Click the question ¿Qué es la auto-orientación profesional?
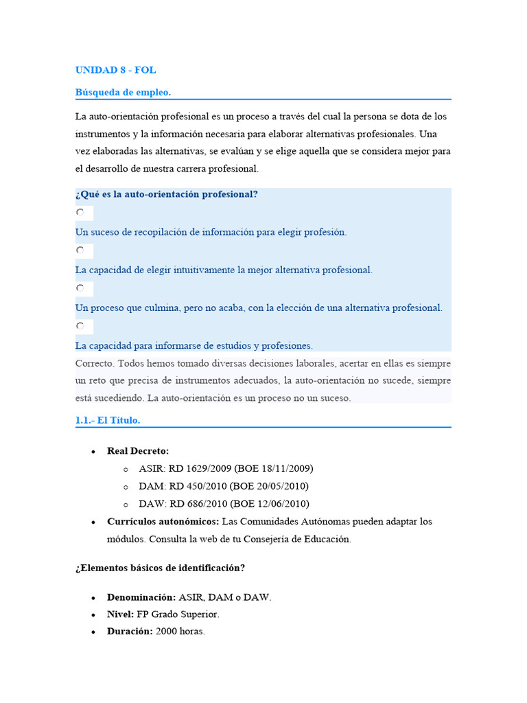click(166, 194)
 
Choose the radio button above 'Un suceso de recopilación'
click(80, 213)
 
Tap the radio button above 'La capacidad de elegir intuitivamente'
click(80, 251)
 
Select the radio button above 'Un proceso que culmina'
click(80, 288)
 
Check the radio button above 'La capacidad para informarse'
click(80, 326)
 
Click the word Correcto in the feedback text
click(94, 363)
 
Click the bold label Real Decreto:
click(137, 451)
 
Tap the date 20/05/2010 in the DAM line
click(280, 486)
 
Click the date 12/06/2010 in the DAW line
click(281, 504)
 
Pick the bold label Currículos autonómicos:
click(163, 522)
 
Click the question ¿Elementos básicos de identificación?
click(160, 568)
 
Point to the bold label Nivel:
click(121, 614)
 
